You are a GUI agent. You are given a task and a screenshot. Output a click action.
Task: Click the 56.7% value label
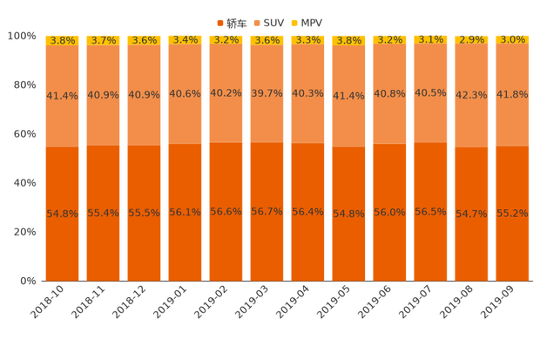coord(267,212)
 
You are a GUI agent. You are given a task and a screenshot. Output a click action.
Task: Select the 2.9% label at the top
coord(471,40)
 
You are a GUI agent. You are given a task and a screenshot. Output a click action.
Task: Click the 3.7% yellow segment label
coord(103,40)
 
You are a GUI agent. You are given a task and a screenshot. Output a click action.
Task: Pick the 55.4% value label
coord(103,213)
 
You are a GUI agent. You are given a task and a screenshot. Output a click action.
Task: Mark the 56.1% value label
coord(185,213)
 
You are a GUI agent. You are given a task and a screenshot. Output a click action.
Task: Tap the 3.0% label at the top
coord(512,40)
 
